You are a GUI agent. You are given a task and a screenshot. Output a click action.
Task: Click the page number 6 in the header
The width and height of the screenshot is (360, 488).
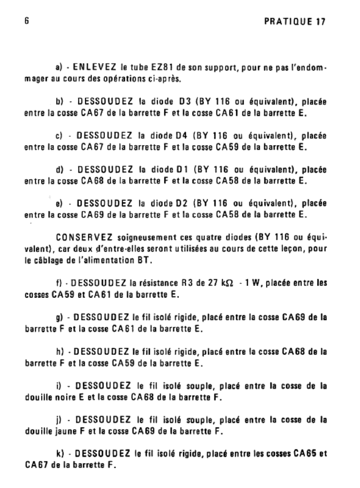pos(27,22)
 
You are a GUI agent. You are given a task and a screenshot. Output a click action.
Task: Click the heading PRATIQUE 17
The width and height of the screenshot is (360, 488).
pos(296,22)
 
